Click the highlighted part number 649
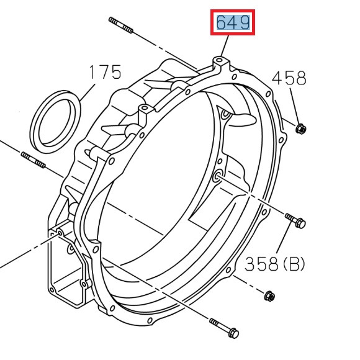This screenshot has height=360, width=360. [x=233, y=23]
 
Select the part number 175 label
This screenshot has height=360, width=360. [x=104, y=72]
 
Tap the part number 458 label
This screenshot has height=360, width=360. [x=289, y=78]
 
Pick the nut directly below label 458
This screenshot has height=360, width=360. [x=300, y=129]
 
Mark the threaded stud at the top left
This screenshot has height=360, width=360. [x=121, y=24]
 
